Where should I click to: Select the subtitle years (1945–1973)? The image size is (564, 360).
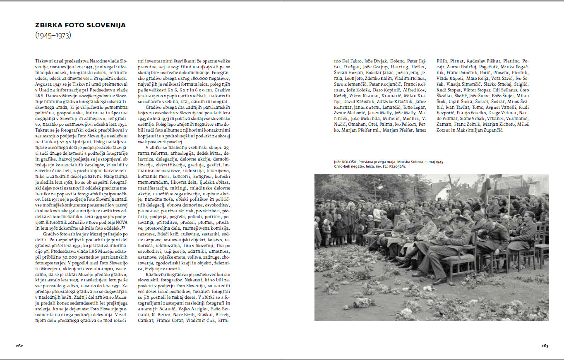pos(53,36)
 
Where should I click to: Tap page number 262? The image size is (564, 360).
pos(19,346)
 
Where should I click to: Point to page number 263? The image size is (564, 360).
pos(545,346)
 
